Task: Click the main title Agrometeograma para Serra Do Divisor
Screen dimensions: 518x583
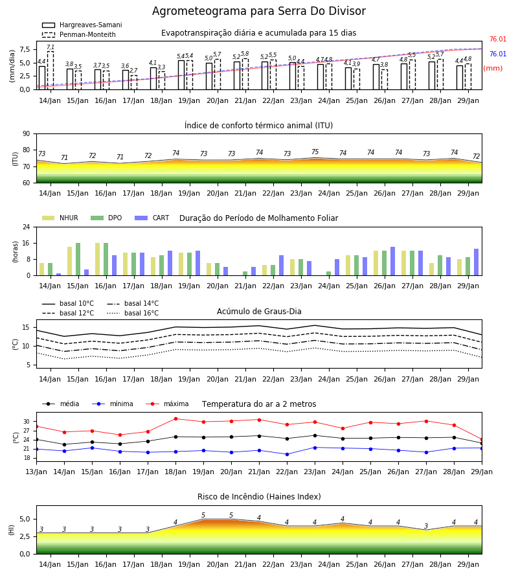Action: pos(258,11)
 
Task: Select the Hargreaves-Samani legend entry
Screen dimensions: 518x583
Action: pos(82,25)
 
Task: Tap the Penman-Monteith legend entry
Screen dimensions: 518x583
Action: pos(79,34)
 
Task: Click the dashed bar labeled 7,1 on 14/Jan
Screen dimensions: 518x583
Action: pos(50,70)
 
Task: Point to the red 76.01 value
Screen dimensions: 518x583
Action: pos(498,39)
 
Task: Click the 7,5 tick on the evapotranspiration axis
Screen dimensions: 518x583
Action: pos(25,49)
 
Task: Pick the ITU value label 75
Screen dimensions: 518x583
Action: pos(315,152)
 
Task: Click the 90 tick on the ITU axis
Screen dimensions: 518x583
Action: pos(27,133)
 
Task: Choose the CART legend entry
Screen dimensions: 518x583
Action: pos(152,218)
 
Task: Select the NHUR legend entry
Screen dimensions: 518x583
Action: pos(60,218)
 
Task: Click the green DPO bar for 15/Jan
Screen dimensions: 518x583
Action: pos(78,259)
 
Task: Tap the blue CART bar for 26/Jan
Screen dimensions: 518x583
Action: pos(393,261)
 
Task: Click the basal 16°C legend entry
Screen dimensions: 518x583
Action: pos(133,313)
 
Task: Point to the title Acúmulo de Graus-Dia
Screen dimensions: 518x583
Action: pos(259,311)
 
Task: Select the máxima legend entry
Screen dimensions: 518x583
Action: pos(167,404)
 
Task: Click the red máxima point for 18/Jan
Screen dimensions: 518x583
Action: pos(175,418)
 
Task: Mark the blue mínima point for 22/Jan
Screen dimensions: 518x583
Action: pos(287,454)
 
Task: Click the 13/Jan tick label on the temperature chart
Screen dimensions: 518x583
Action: pos(36,472)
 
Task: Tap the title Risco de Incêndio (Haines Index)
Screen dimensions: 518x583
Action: pos(259,497)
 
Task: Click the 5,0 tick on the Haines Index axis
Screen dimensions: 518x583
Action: pos(25,519)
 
